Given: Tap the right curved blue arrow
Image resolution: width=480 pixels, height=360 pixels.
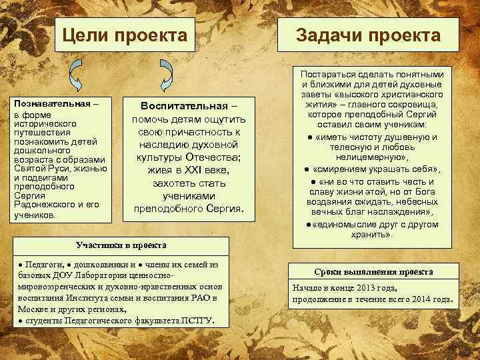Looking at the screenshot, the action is coord(165,73).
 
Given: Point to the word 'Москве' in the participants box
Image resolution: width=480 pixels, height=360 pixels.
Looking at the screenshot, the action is coord(33,309).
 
